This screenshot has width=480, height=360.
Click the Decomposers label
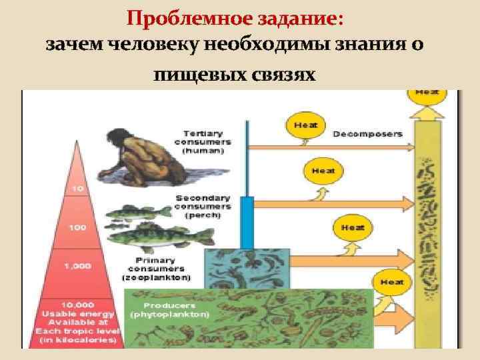coord(367,133)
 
